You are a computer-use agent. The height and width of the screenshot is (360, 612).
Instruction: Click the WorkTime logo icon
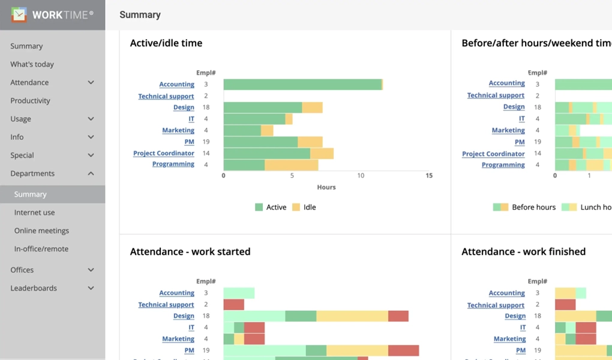point(19,14)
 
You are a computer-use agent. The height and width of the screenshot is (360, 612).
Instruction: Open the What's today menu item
point(32,64)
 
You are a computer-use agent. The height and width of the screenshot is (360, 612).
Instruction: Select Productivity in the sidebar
point(30,101)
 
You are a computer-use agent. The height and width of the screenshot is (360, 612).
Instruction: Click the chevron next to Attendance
point(91,83)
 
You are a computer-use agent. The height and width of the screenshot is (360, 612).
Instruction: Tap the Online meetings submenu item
point(41,230)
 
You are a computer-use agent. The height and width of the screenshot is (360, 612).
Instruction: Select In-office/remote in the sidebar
point(41,249)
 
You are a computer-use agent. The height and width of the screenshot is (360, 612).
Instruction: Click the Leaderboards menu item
point(34,288)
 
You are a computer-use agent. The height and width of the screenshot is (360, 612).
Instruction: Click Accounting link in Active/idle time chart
point(176,85)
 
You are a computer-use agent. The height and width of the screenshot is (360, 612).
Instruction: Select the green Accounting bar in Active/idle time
point(302,85)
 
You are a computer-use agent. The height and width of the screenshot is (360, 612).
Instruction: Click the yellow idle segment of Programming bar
point(291,164)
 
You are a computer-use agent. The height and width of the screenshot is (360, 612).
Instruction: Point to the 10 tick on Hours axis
point(360,176)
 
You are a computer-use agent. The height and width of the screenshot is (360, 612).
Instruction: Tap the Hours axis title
point(326,187)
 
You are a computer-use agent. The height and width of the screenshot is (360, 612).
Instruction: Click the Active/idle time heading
point(166,43)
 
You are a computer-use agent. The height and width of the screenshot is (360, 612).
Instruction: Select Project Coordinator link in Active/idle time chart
point(164,154)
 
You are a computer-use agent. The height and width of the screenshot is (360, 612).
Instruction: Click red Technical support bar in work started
point(233,305)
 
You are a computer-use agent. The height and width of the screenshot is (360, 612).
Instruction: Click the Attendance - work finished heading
point(523,252)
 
